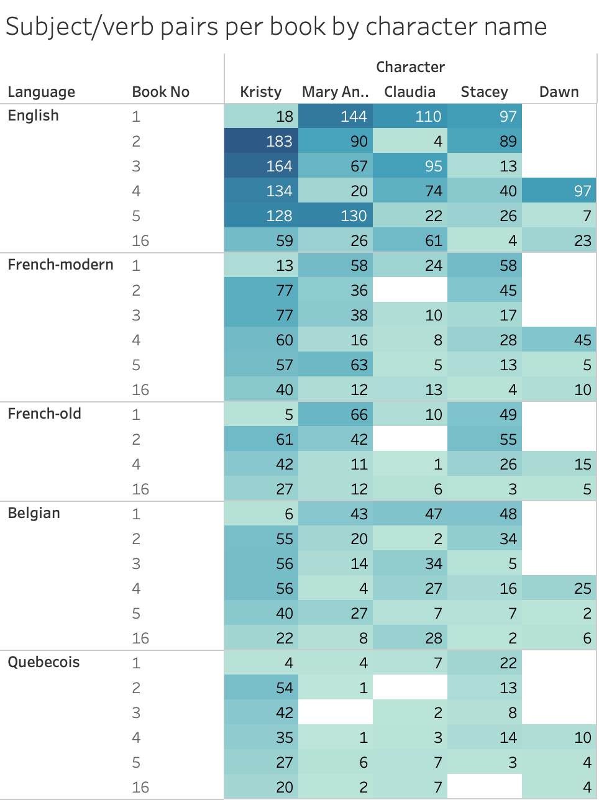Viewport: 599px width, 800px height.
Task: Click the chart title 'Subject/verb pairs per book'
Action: [x=276, y=27]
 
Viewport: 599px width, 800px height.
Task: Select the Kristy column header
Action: [x=261, y=92]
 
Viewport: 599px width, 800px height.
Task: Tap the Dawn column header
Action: [x=559, y=92]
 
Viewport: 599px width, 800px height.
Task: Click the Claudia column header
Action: [x=409, y=92]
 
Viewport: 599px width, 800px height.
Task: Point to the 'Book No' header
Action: [x=160, y=92]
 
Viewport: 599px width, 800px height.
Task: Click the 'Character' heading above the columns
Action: [x=410, y=67]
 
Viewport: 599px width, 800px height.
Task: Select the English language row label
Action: [x=34, y=116]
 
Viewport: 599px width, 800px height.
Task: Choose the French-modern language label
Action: [x=60, y=265]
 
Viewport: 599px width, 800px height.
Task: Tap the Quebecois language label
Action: [x=43, y=662]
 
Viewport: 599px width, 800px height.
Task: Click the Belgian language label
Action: [x=34, y=513]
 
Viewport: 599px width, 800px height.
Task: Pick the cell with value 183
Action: [x=261, y=141]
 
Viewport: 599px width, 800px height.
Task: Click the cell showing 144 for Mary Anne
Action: [x=336, y=116]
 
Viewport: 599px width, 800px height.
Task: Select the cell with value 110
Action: [x=410, y=116]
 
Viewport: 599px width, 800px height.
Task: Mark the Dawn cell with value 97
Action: [x=559, y=191]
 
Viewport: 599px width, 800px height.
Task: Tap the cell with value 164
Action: [x=261, y=166]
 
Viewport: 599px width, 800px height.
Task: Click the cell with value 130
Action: [x=336, y=216]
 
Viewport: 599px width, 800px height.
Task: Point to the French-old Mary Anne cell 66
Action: [x=336, y=414]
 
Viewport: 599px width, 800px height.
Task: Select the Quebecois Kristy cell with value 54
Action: [x=261, y=688]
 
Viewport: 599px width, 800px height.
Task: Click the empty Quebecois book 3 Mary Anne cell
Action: [x=336, y=712]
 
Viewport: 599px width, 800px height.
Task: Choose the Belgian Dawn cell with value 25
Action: [x=559, y=588]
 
